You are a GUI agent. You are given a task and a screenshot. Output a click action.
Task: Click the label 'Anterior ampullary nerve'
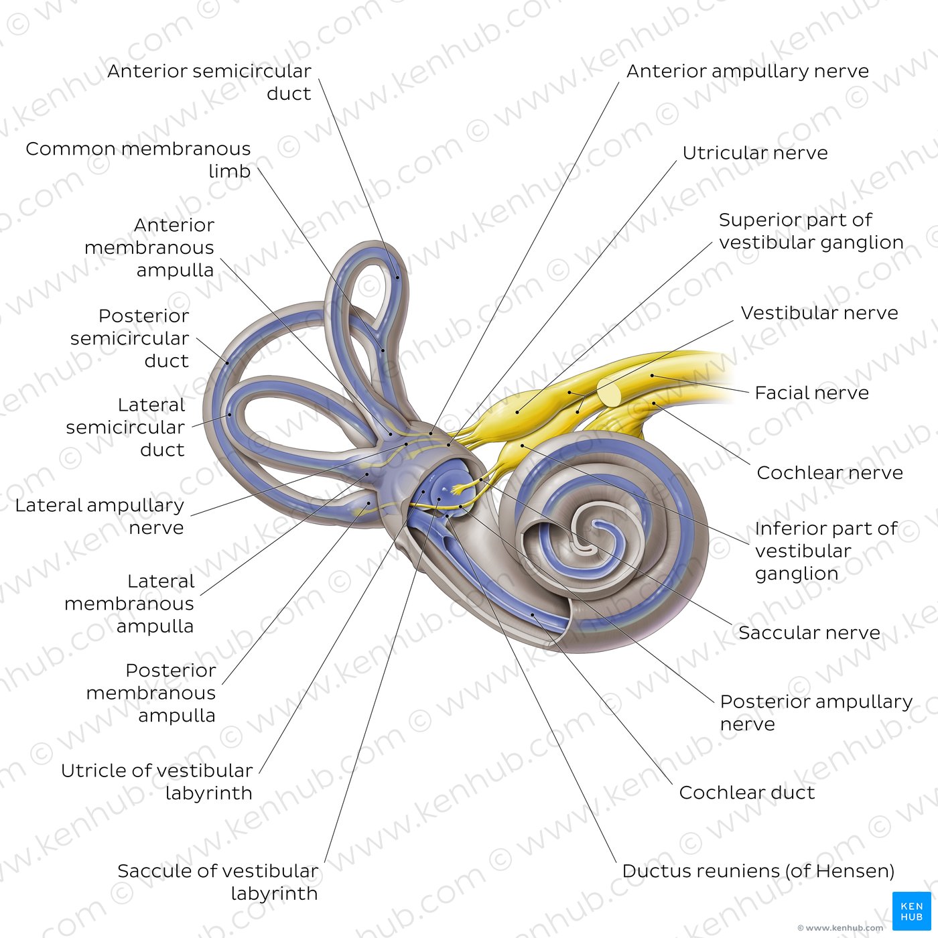(747, 72)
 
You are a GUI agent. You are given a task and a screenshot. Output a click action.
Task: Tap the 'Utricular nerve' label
(755, 153)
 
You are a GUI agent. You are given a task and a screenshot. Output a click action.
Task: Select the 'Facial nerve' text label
(811, 393)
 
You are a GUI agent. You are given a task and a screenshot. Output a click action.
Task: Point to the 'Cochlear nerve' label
(830, 472)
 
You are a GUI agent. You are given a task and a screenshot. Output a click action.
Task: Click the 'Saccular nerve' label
(809, 632)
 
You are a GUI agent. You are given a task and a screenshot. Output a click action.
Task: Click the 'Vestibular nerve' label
(819, 313)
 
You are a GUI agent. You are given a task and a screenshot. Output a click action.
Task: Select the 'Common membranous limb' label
(138, 159)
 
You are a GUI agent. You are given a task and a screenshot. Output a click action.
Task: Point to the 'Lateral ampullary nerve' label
(100, 516)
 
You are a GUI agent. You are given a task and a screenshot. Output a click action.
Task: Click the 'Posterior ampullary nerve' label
(816, 712)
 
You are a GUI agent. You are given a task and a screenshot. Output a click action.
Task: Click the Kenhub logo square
(911, 911)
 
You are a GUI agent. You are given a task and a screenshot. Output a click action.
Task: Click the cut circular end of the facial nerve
(610, 393)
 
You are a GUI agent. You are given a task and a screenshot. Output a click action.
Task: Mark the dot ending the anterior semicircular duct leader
(397, 278)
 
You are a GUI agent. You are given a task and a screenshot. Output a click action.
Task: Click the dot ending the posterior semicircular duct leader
(227, 362)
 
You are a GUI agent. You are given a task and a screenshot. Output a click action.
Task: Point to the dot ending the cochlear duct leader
(532, 615)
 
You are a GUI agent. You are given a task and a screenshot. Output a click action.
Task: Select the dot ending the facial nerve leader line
(653, 376)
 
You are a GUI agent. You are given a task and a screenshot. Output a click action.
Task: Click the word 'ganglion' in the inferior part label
(797, 574)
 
